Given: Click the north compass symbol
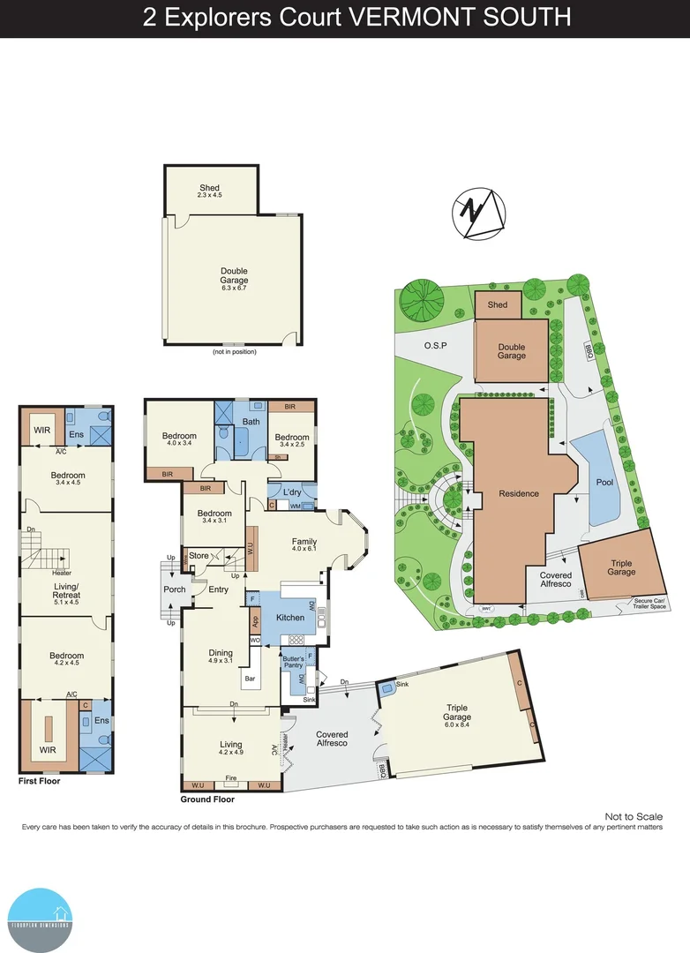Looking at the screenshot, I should pyautogui.click(x=479, y=215).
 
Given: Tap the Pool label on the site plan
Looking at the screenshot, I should pyautogui.click(x=604, y=483).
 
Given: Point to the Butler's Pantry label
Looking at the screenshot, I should pyautogui.click(x=294, y=663).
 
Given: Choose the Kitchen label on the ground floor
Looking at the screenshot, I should pyautogui.click(x=290, y=618).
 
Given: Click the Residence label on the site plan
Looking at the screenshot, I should pyautogui.click(x=519, y=493).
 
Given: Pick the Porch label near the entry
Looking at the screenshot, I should pyautogui.click(x=175, y=589).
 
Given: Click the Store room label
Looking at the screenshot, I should pyautogui.click(x=199, y=555).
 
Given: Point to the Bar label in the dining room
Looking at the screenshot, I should pyautogui.click(x=251, y=679).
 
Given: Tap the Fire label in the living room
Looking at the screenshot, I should pyautogui.click(x=230, y=778).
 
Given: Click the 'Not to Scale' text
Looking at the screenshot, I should pyautogui.click(x=633, y=817).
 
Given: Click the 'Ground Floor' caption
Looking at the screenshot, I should pyautogui.click(x=206, y=799).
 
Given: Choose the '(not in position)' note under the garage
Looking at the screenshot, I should pyautogui.click(x=233, y=352).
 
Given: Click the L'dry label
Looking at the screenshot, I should pyautogui.click(x=292, y=492).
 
